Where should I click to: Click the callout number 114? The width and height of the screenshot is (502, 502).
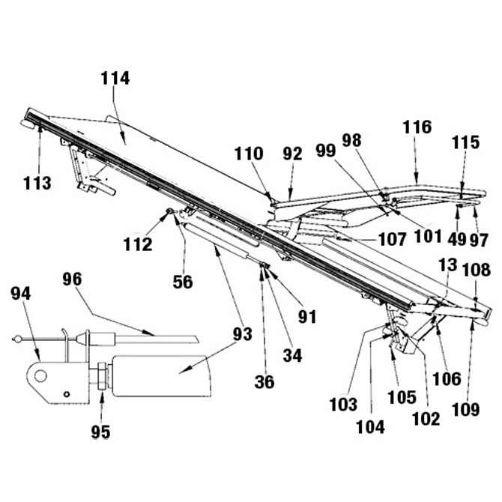[x=115, y=79]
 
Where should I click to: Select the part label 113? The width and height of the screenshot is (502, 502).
[x=37, y=183]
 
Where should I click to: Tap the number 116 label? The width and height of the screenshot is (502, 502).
[x=417, y=127]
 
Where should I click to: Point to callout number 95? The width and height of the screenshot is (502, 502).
[x=101, y=432]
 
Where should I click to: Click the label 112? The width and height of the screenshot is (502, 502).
[x=138, y=245]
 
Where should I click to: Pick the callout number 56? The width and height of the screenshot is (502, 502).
[x=183, y=282]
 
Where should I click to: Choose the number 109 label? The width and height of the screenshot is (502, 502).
[x=466, y=410]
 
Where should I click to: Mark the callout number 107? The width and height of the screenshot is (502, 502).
[x=393, y=239]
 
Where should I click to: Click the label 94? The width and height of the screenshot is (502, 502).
[x=21, y=294]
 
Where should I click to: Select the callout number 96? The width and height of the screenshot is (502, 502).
[x=72, y=279]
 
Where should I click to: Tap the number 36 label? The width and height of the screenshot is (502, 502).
[x=264, y=382]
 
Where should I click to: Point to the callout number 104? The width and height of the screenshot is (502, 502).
[x=370, y=427]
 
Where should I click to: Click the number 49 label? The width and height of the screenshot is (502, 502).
[x=456, y=239]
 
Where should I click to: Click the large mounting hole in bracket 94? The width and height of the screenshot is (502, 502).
[x=40, y=375]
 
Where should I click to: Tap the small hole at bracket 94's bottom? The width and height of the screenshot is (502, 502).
[x=67, y=394]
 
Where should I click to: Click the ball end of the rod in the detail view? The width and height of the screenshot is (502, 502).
[x=18, y=339]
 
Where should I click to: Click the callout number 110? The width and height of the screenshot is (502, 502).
[x=249, y=154]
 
